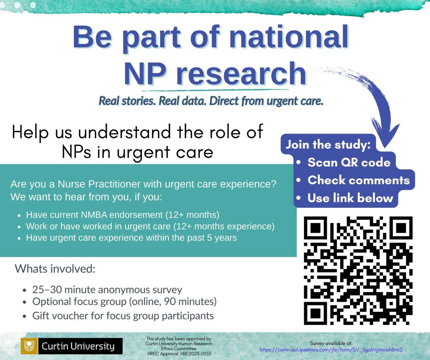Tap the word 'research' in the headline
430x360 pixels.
241,73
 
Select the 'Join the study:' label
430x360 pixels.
328,144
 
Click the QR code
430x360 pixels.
358,270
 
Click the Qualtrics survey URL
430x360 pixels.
331,350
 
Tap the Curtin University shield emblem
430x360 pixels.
29,346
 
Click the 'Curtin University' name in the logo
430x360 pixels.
78,346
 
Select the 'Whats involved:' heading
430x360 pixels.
55,269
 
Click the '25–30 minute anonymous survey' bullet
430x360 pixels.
107,290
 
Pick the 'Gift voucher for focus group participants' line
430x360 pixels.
123,316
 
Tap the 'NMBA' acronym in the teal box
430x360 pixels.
94,214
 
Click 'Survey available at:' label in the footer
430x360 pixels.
331,343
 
